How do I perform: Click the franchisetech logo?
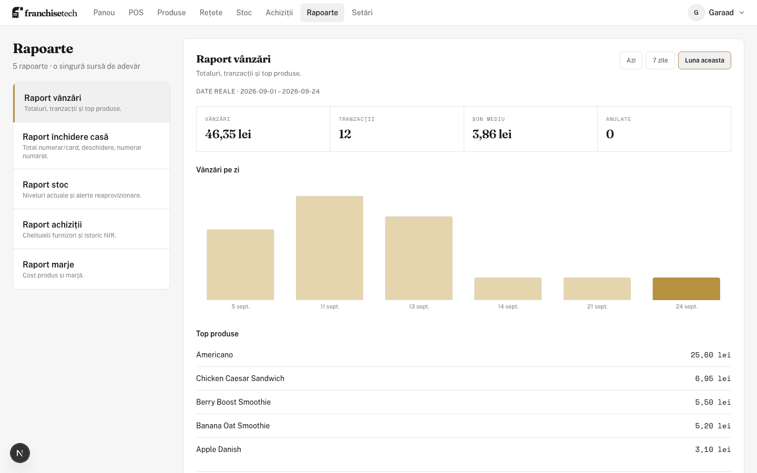(45, 13)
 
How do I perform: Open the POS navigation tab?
(136, 13)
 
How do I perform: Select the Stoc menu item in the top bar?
(244, 13)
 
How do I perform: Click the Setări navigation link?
(362, 13)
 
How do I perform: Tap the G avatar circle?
(696, 13)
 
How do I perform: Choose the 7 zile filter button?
(660, 60)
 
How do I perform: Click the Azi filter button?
(631, 60)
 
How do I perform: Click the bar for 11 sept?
(330, 248)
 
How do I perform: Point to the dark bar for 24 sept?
(687, 289)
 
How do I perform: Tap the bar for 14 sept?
(508, 289)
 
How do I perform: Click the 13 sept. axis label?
(418, 306)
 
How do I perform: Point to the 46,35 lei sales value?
(228, 134)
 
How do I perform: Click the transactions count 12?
(345, 134)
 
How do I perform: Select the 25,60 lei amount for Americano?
(711, 355)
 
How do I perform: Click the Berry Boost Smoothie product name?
(233, 402)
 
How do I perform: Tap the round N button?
(20, 453)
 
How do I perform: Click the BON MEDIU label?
(488, 119)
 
